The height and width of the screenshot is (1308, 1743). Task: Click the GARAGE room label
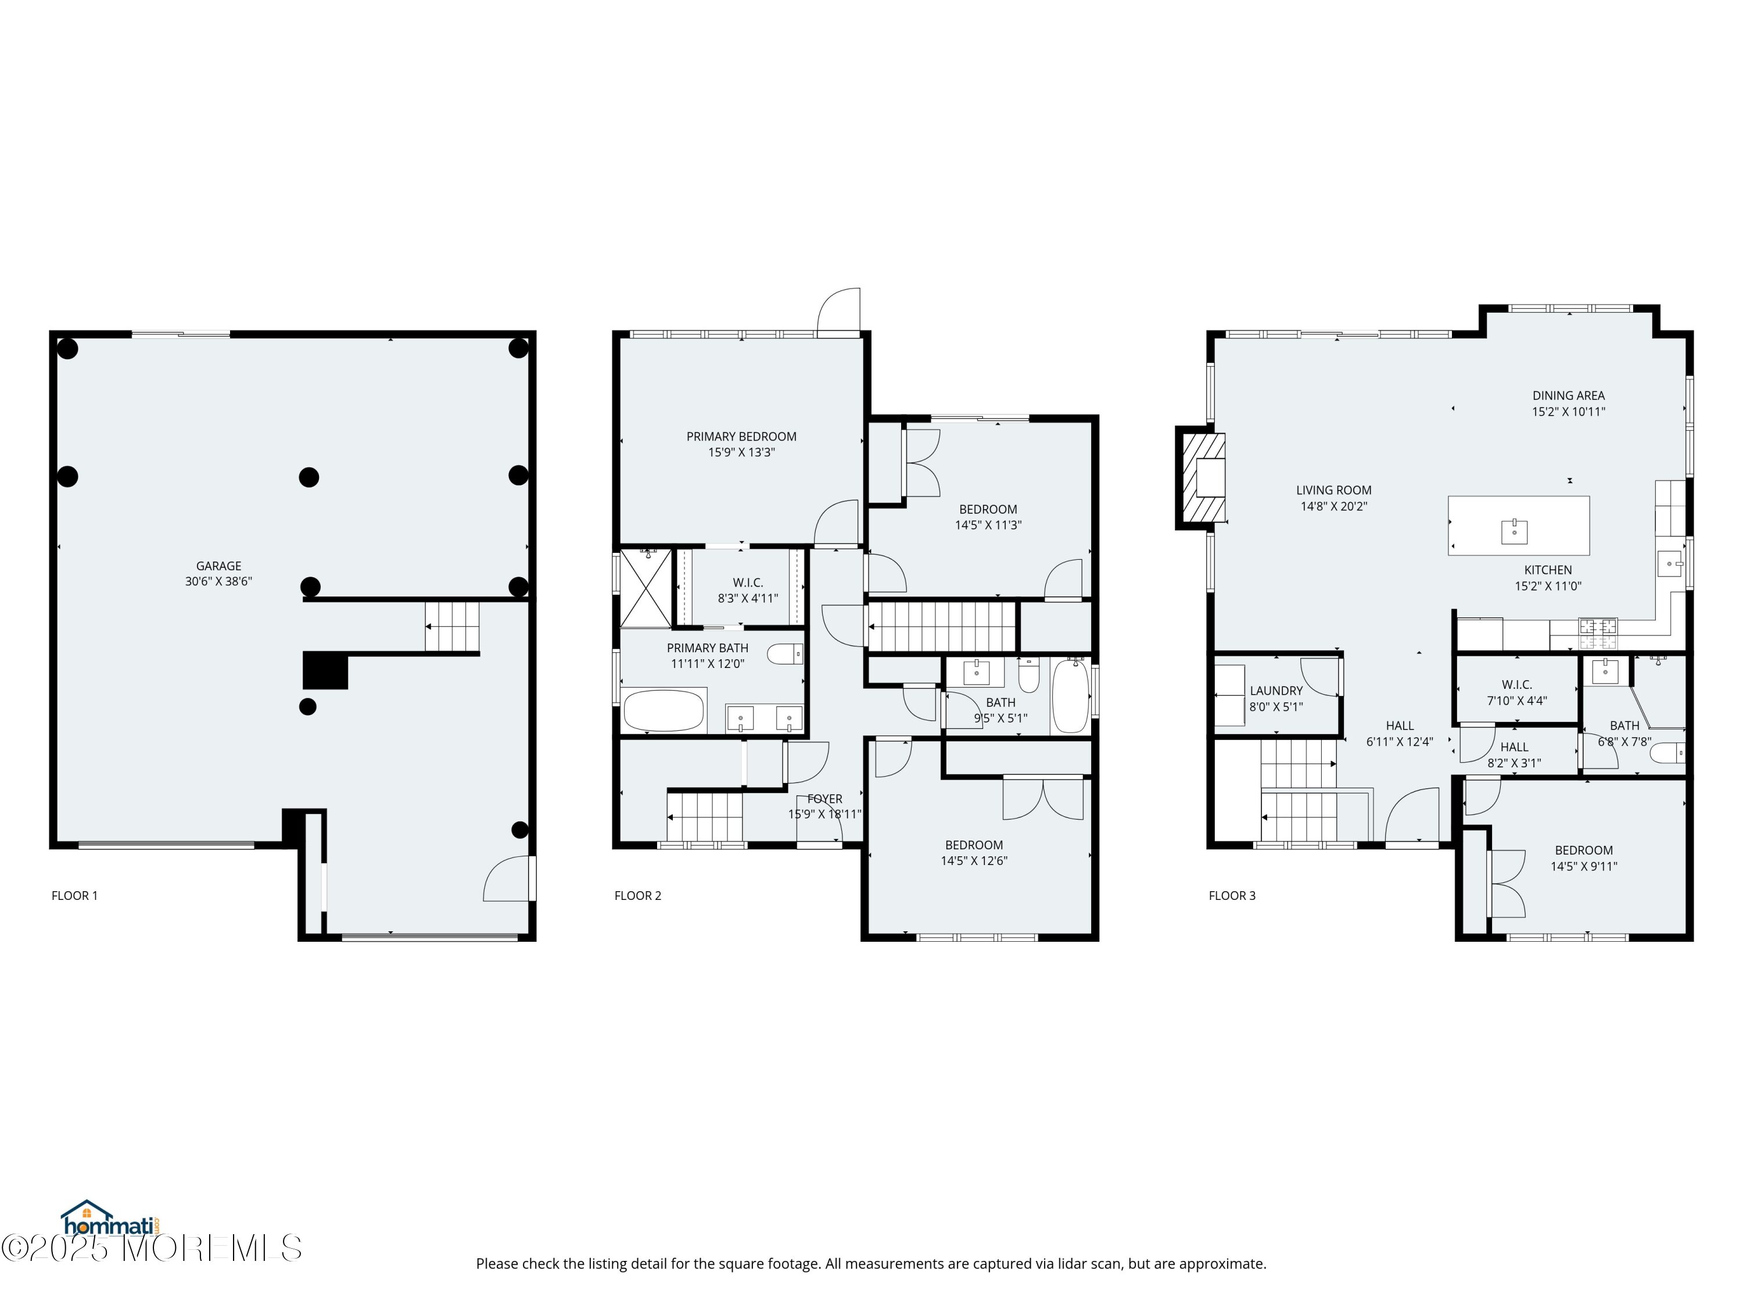[218, 566]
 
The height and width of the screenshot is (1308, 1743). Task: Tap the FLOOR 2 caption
[637, 896]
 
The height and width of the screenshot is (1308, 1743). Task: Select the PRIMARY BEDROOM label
[741, 437]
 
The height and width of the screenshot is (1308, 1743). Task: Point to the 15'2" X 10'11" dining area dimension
[1568, 412]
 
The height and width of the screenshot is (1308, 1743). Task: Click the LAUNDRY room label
[1276, 691]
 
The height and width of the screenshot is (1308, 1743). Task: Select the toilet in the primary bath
[785, 653]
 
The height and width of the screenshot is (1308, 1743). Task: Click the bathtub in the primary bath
[664, 710]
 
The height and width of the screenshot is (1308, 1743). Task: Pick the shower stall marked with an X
[646, 588]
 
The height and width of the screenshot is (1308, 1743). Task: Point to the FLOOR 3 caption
[1232, 896]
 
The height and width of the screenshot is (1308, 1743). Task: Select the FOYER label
[824, 799]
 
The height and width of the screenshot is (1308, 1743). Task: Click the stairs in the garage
[452, 627]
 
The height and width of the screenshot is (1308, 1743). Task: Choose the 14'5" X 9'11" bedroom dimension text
[1584, 866]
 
